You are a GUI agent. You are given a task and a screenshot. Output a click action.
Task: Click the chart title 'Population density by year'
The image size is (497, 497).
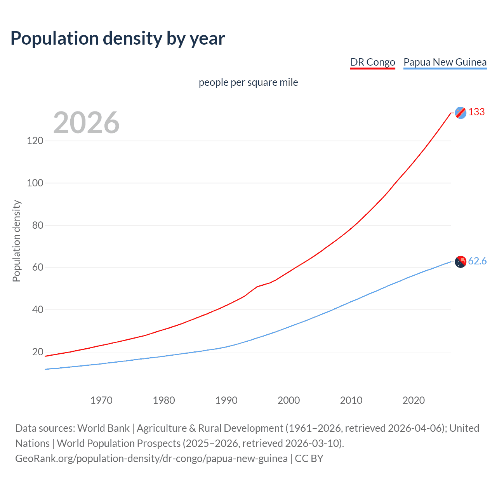(x=118, y=38)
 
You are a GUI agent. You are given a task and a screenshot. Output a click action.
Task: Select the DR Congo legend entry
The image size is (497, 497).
(x=372, y=62)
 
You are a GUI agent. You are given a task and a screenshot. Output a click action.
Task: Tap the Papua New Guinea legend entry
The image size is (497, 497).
(x=445, y=62)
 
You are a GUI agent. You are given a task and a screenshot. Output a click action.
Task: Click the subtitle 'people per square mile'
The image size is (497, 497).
(x=248, y=82)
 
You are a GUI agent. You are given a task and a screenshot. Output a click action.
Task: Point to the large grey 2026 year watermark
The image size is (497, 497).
(x=86, y=123)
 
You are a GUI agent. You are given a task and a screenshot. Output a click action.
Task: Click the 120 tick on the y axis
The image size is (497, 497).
(x=35, y=141)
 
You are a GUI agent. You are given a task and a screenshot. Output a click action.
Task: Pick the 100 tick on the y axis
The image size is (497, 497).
(x=35, y=183)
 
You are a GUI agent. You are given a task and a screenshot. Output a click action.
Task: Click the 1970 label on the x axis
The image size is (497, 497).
(x=101, y=400)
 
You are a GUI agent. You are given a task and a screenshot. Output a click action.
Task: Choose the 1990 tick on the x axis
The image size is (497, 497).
(x=226, y=400)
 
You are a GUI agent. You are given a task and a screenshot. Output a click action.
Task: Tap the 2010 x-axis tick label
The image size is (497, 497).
(x=351, y=400)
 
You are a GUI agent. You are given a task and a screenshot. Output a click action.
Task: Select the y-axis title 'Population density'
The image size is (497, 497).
(x=16, y=241)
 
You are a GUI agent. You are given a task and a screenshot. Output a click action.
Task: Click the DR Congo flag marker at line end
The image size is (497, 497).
(x=461, y=113)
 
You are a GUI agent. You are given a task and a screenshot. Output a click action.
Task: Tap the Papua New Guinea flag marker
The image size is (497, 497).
(x=461, y=262)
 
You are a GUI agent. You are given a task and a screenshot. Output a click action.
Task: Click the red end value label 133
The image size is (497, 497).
(x=476, y=112)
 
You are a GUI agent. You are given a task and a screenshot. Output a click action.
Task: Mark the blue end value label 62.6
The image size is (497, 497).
(x=477, y=261)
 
